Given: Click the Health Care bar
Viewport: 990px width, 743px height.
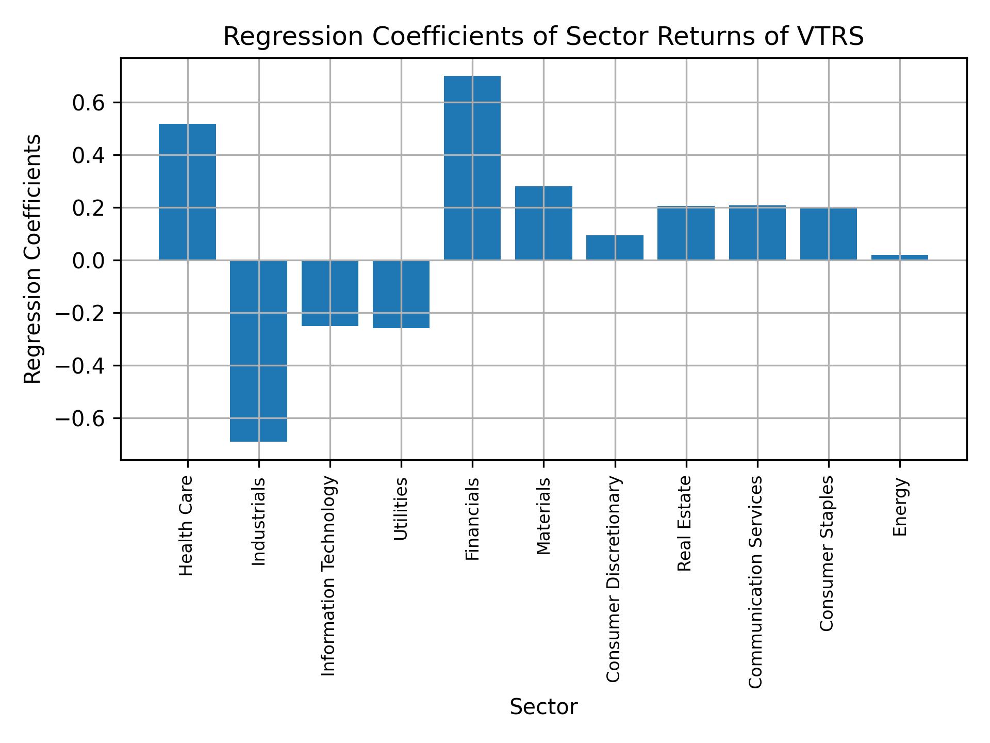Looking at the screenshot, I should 187,191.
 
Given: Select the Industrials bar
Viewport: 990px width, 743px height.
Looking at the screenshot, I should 258,351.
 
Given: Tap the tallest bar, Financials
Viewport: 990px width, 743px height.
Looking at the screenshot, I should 472,168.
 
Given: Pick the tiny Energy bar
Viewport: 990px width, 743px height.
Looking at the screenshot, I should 900,257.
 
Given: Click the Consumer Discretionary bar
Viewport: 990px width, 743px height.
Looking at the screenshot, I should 615,248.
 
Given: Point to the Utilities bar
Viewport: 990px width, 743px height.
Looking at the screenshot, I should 401,294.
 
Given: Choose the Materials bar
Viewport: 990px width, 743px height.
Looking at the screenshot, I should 543,223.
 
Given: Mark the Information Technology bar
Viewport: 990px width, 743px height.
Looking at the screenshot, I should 330,293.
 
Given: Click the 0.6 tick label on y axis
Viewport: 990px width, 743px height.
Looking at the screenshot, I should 89,103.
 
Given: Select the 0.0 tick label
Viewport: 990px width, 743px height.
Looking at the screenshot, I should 89,261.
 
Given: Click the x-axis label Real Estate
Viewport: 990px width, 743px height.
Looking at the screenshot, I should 684,523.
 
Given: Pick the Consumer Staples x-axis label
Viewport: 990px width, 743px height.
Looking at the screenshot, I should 827,553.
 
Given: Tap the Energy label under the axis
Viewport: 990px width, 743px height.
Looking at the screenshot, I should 900,507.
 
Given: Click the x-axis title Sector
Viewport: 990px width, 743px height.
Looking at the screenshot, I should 543,707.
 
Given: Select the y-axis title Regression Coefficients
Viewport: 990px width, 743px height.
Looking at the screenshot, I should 33,259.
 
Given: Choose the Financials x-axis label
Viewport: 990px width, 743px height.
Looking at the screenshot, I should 472,519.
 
